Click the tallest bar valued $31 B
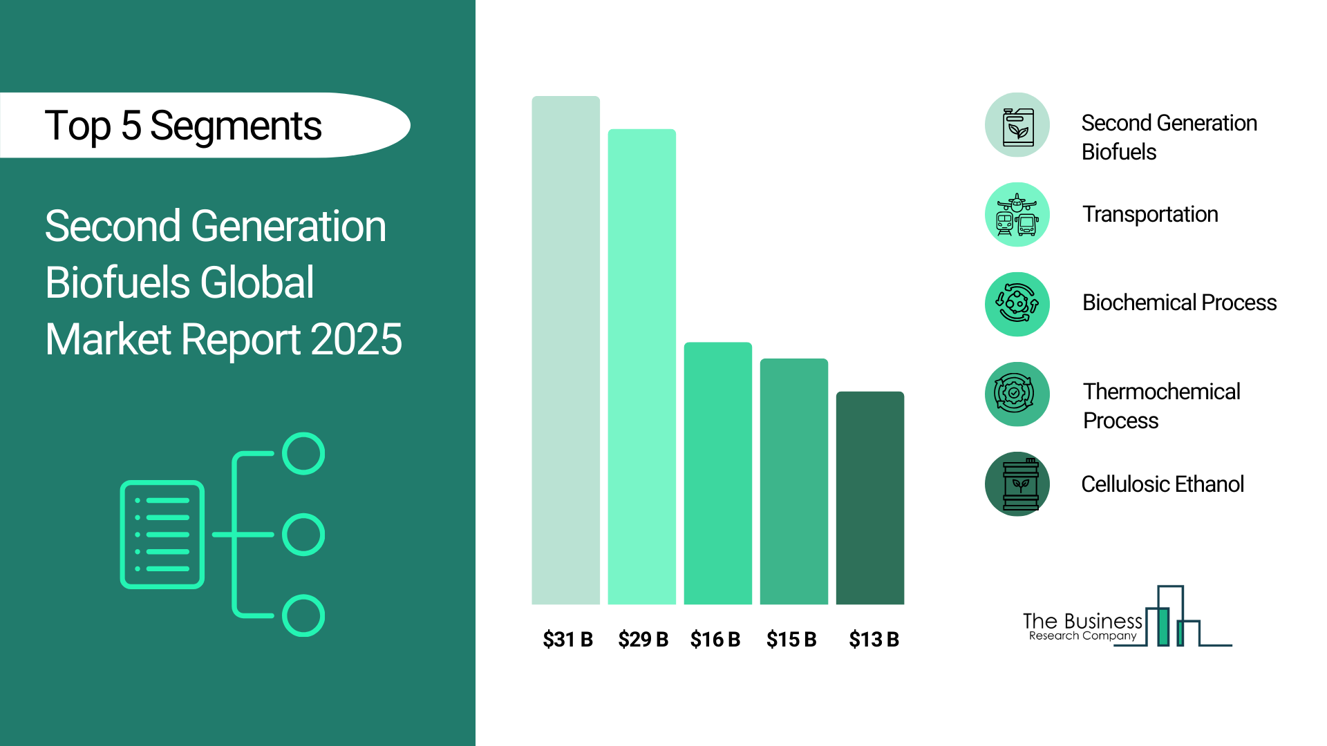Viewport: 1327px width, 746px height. click(565, 350)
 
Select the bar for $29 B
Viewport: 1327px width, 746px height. click(641, 367)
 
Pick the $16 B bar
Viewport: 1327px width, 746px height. click(717, 473)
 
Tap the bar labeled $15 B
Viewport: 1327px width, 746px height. click(793, 481)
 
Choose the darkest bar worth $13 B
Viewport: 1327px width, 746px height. click(869, 498)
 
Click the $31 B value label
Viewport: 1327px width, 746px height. click(567, 640)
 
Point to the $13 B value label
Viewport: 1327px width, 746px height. click(874, 640)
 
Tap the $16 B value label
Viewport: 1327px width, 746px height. click(715, 640)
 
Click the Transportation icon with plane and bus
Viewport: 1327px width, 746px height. click(1017, 215)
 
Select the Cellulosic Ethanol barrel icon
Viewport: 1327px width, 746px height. click(1017, 484)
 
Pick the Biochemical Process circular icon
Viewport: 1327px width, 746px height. click(1017, 305)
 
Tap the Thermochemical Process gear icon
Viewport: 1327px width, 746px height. click(1017, 394)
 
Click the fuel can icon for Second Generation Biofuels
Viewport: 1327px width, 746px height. click(1017, 125)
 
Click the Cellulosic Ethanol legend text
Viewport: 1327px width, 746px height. click(1163, 484)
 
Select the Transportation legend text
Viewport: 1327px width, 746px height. click(1150, 215)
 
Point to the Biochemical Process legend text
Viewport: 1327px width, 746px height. click(1179, 303)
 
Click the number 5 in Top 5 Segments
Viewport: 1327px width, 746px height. click(131, 126)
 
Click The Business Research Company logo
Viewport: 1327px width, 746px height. click(1127, 617)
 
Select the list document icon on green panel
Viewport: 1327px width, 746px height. click(162, 535)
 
